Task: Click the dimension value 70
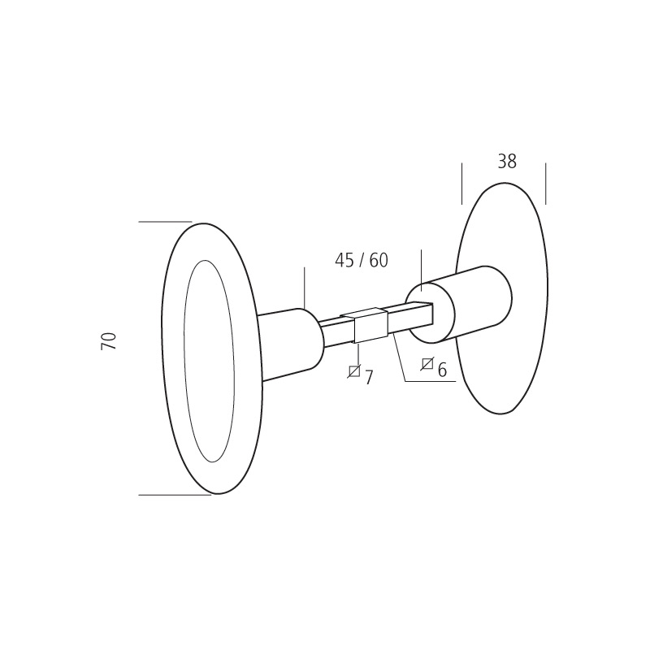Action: coord(109,340)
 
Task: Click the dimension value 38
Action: coord(506,162)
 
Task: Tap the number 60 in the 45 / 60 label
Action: coord(379,261)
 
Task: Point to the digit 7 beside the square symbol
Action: coord(369,378)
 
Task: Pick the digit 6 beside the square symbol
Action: coord(442,370)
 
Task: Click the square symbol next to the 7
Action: coord(353,371)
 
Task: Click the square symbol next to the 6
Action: coord(427,364)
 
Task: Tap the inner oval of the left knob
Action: coord(209,361)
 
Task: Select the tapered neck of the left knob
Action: coord(284,344)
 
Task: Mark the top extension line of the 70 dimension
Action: coord(165,222)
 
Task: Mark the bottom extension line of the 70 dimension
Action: coord(174,495)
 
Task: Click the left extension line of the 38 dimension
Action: coord(461,184)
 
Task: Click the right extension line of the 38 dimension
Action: coord(545,184)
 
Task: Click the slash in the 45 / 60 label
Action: coord(362,261)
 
